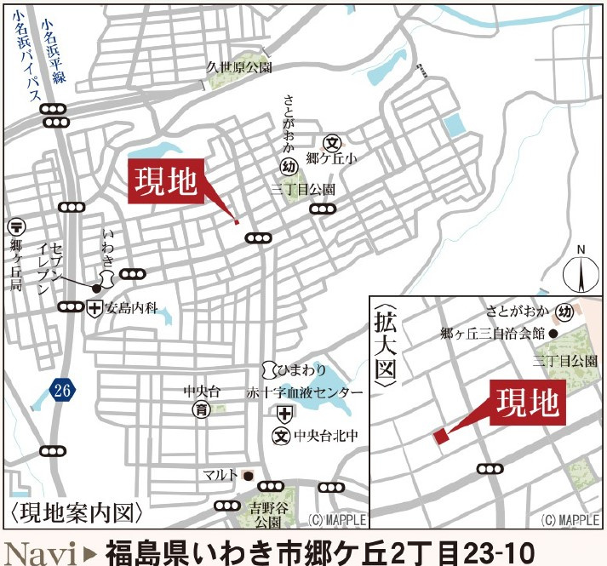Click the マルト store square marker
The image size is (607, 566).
pos(248,475)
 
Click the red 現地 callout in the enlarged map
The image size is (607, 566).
pos(529,402)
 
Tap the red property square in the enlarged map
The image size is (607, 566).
pos(440,436)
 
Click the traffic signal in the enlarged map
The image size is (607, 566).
pos(490,468)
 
